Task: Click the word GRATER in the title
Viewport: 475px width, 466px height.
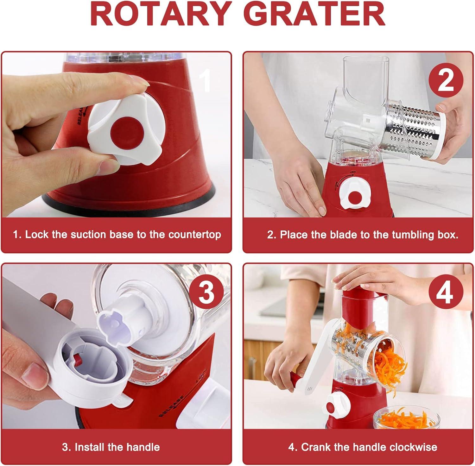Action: [x=312, y=15]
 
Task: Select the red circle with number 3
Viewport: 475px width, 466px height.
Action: [x=206, y=293]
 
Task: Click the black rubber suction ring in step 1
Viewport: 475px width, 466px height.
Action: [x=127, y=206]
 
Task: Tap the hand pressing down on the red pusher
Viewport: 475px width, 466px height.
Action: [x=370, y=280]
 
